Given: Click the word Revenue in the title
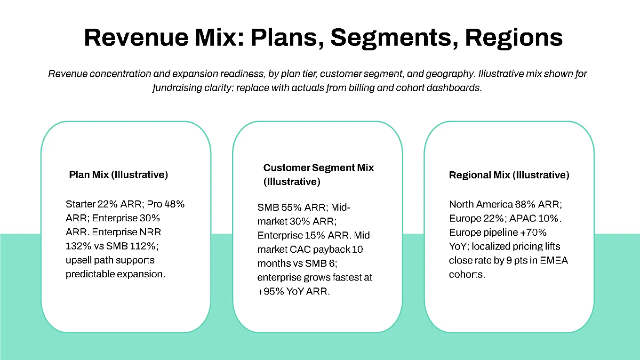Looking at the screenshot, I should pos(135,38).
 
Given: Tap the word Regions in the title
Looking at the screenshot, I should pos(514,38).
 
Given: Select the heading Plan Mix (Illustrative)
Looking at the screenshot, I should pos(118,174).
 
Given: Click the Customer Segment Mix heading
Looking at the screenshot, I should pos(318,167).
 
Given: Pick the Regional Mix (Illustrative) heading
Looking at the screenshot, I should pos(509,175).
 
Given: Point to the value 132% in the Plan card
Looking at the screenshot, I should pos(77,246).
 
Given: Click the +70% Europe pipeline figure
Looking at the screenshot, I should pos(535,232).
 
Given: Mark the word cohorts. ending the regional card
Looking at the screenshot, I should pos(467,274).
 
